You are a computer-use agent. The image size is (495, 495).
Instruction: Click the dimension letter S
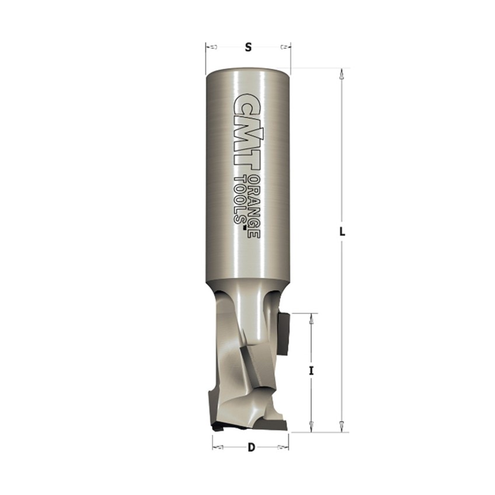[248, 48]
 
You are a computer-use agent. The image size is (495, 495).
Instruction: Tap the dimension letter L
[343, 232]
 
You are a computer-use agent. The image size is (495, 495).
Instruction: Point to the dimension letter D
[251, 448]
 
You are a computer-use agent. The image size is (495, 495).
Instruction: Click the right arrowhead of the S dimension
[284, 46]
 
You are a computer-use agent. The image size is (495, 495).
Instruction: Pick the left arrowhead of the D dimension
[218, 448]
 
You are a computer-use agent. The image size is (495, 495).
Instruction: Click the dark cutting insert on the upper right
[283, 333]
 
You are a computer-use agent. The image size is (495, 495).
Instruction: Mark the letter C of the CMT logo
[247, 104]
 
